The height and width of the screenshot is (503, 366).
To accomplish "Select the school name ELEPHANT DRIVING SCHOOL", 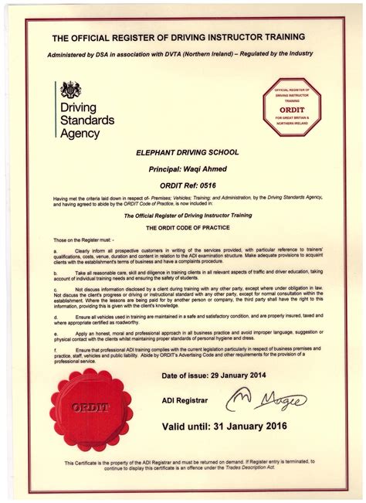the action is [x=182, y=155].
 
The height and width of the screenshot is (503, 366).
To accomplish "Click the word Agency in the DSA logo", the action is [x=80, y=133].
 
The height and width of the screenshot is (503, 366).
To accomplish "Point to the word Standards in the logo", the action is [x=86, y=120].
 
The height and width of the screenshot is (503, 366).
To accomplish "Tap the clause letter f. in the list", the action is [x=55, y=349].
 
